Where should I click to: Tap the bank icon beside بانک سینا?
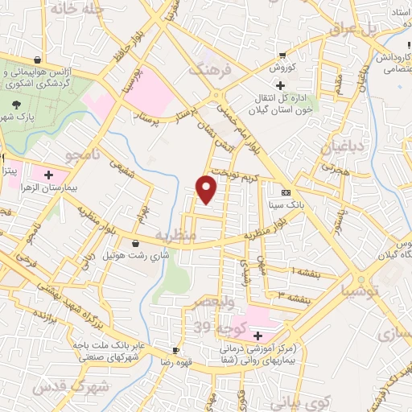click(x=286, y=193)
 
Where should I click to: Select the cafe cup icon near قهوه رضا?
click(x=176, y=350)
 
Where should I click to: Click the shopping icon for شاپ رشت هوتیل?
click(x=134, y=243)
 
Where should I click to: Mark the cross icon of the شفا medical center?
click(x=257, y=336)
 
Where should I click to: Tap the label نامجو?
click(x=84, y=152)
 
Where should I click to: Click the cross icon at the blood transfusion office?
click(x=280, y=86)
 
